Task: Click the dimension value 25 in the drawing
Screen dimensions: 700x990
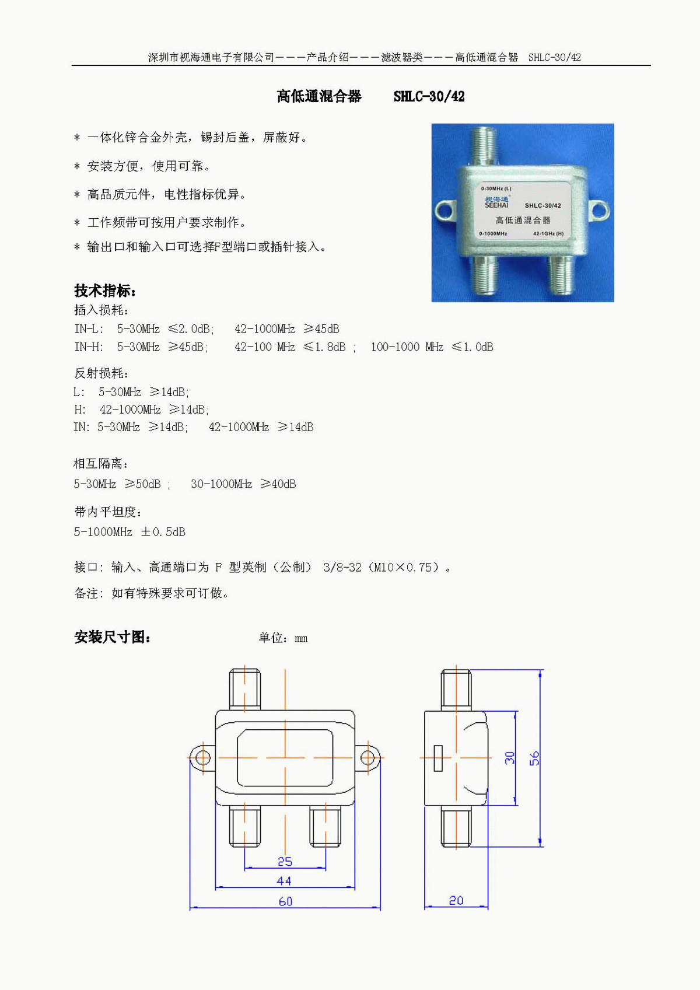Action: (x=285, y=862)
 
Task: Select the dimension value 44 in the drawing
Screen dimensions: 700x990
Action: (x=284, y=881)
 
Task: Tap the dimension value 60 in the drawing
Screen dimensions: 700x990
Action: (x=285, y=901)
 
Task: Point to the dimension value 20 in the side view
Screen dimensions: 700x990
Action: (x=456, y=900)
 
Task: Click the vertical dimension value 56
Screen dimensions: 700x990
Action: (x=534, y=758)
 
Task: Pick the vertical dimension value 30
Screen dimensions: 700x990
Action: (x=509, y=758)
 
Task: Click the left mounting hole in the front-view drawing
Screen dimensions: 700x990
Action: (x=203, y=758)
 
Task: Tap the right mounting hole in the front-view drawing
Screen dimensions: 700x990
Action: (x=367, y=758)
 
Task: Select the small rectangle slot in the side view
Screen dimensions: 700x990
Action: (x=438, y=758)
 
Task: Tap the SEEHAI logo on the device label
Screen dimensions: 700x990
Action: (x=497, y=202)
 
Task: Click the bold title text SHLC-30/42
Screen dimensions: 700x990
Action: (x=429, y=96)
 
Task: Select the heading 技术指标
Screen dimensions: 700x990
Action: (x=105, y=291)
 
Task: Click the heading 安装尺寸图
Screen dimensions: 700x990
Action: (x=112, y=637)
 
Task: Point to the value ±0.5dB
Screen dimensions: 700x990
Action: (x=163, y=531)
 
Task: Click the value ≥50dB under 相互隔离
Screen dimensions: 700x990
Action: (x=143, y=484)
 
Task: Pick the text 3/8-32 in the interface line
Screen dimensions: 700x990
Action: (x=342, y=567)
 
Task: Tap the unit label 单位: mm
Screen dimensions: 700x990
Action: (x=283, y=638)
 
